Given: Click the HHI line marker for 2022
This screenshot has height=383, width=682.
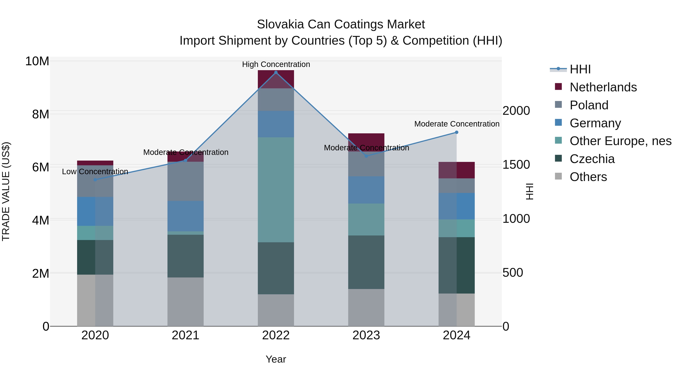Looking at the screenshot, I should click(276, 72).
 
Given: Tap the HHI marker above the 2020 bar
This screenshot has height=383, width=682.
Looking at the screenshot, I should click(95, 180).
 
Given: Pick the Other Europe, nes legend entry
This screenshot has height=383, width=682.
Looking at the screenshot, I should click(620, 141).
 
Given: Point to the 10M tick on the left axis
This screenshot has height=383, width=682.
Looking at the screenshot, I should click(37, 61).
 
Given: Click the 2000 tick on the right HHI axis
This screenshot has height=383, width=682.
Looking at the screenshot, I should click(516, 111).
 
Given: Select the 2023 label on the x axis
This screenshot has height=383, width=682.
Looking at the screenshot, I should click(366, 335).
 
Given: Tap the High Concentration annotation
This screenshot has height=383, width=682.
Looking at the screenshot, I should click(276, 64).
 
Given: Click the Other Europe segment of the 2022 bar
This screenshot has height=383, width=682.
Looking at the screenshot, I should click(276, 190).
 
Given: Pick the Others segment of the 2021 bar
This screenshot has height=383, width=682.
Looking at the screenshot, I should click(185, 301).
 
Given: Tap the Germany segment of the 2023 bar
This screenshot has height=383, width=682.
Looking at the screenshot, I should click(366, 190).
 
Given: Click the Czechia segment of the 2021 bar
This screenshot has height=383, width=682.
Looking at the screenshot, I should click(185, 256).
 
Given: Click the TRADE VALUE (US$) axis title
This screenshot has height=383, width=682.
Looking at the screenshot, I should click(6, 191).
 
